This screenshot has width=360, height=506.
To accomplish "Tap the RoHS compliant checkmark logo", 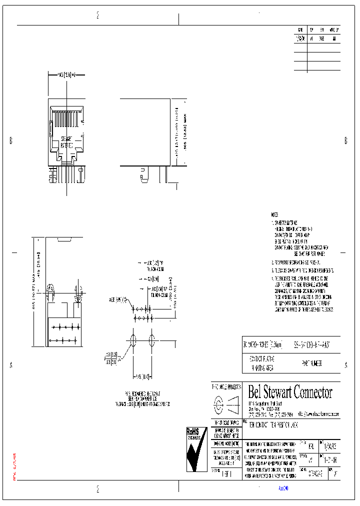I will (x=196, y=449).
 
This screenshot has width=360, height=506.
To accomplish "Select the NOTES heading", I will (x=274, y=214).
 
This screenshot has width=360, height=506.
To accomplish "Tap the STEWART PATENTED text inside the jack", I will (x=66, y=141).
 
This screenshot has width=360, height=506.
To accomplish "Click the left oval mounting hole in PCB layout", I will (x=133, y=341).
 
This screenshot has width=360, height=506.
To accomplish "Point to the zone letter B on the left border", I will (x=10, y=141).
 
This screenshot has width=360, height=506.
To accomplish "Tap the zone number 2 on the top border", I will (x=97, y=15).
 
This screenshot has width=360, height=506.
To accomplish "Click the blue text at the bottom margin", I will (x=283, y=488).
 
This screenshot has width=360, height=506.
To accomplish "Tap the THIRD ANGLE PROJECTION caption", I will (x=226, y=386).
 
